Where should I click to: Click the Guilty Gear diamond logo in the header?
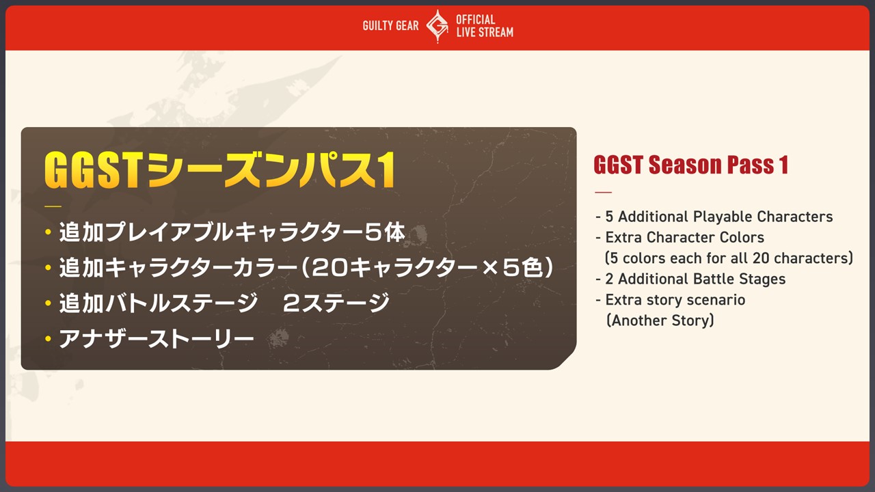[437, 26]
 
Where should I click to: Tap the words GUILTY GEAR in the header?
[390, 26]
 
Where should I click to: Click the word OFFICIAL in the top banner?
[475, 20]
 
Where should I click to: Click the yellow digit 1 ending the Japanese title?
[387, 170]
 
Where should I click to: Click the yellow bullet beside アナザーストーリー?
[48, 338]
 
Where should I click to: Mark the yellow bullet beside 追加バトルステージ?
[48, 303]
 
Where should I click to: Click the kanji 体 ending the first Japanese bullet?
[394, 232]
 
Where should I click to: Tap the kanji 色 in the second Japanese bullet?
[533, 267]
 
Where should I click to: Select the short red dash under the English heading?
[603, 192]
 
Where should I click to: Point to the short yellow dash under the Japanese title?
[53, 206]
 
